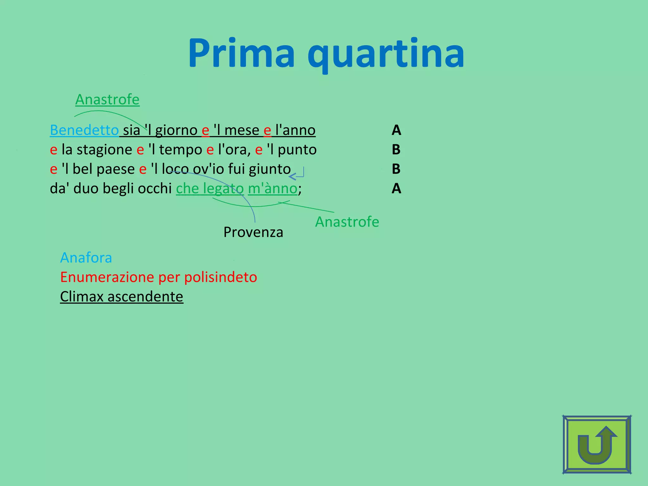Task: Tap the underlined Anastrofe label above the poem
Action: point(107,99)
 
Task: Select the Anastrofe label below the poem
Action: point(347,221)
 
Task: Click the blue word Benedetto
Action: point(84,130)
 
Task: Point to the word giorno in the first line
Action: point(176,130)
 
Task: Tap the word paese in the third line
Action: point(115,169)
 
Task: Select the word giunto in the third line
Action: point(270,169)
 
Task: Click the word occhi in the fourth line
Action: point(155,188)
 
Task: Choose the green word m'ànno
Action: point(272,189)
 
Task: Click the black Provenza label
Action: point(253,232)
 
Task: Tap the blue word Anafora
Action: point(86,258)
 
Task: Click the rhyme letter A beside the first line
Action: point(396,130)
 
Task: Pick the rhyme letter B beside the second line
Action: point(396,150)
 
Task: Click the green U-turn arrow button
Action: point(597,444)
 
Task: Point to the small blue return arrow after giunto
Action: point(297,174)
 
